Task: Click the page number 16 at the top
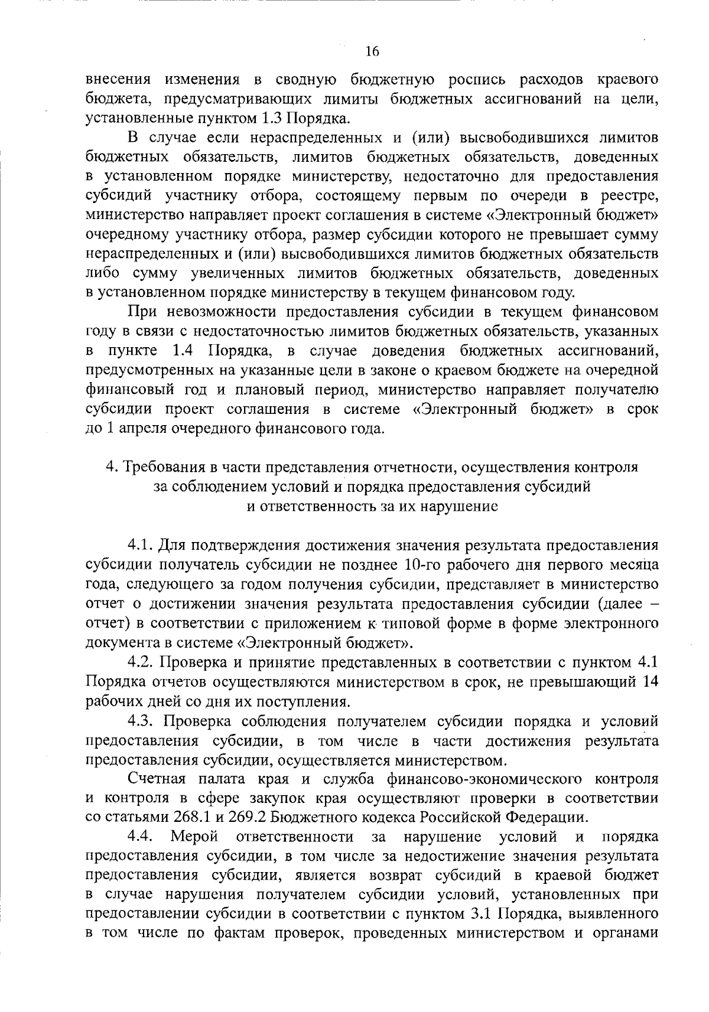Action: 372,51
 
